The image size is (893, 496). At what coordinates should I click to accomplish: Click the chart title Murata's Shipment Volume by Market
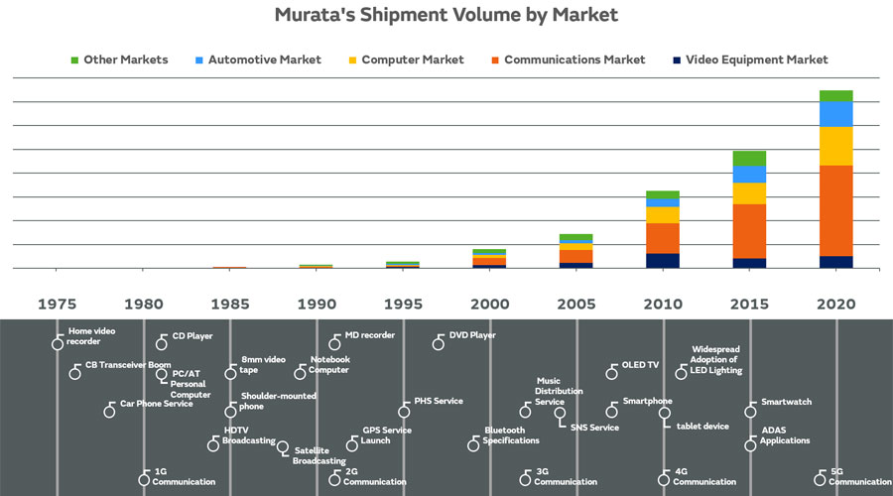click(446, 15)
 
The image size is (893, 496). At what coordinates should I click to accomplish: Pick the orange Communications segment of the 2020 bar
click(835, 210)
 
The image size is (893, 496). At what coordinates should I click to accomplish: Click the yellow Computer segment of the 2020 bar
click(835, 146)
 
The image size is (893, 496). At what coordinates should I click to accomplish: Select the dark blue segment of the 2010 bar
click(663, 260)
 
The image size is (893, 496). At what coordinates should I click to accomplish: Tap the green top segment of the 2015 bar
click(749, 158)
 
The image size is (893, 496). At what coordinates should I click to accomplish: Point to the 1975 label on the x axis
click(58, 304)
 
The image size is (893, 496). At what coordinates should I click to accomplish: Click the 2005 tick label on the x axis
click(575, 304)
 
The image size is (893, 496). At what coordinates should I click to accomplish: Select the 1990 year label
click(317, 304)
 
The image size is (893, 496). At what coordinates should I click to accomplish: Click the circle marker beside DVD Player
click(439, 343)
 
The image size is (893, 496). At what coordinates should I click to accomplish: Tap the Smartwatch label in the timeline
click(786, 402)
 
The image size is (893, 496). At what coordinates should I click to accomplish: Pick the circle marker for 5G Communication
click(819, 479)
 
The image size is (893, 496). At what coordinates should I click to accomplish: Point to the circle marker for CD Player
click(162, 343)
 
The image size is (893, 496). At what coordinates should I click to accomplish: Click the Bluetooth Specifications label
click(511, 435)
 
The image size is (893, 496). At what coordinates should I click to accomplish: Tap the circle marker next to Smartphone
click(611, 411)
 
